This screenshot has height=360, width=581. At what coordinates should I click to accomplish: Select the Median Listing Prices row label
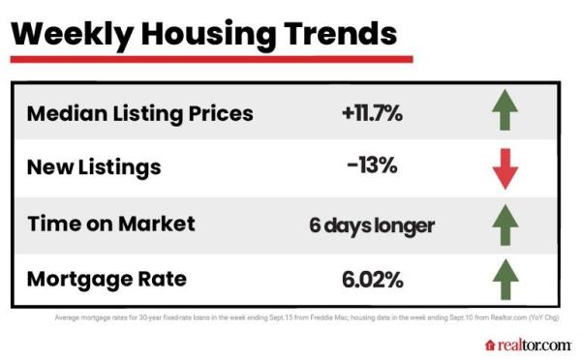(x=139, y=113)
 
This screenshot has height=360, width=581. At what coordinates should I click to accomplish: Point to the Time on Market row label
(x=110, y=224)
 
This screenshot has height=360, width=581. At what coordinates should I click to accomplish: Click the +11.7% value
(x=371, y=113)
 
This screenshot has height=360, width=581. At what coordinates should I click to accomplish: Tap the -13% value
(x=371, y=167)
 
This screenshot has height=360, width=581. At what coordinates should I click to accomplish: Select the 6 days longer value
(x=372, y=225)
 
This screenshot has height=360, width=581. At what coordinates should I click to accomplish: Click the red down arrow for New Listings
(x=505, y=169)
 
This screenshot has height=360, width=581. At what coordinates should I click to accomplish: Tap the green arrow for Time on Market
(x=505, y=225)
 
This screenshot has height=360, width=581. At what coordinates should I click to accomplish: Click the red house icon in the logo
(x=490, y=345)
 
